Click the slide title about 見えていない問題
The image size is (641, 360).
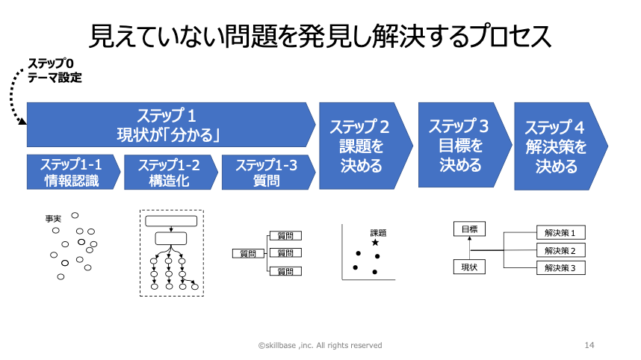click(320, 35)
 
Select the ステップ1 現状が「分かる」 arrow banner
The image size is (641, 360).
click(170, 125)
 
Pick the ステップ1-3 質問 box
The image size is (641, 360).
click(267, 173)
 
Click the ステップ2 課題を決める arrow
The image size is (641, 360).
click(362, 146)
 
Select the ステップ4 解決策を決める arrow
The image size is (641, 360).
click(557, 146)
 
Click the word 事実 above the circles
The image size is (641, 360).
click(53, 219)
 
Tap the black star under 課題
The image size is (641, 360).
click(375, 243)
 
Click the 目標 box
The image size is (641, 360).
click(469, 229)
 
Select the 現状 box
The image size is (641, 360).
click(469, 267)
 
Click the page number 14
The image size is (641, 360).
click(589, 345)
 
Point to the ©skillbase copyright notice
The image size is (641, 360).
click(320, 345)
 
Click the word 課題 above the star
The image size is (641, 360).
click(378, 232)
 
